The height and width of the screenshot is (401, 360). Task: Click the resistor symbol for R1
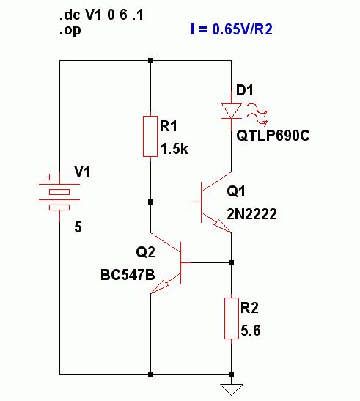click(x=150, y=136)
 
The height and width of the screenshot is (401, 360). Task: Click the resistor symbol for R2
click(x=232, y=318)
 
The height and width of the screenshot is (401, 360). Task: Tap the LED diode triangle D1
click(x=232, y=111)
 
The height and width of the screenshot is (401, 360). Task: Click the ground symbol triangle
click(x=232, y=389)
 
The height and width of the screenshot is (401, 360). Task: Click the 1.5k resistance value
click(x=174, y=149)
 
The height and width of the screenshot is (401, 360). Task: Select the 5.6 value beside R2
click(x=251, y=331)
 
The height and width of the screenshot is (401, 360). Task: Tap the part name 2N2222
click(x=251, y=214)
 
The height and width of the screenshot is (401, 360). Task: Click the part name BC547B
click(x=128, y=275)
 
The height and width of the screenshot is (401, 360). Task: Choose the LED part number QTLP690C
click(x=273, y=136)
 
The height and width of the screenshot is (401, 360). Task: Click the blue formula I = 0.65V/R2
click(x=232, y=29)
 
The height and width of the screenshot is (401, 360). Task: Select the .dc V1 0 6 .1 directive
click(x=101, y=15)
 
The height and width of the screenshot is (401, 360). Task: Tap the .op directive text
click(x=70, y=31)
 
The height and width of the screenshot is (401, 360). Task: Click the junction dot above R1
click(x=151, y=61)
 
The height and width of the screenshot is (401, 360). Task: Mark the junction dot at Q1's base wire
click(x=151, y=202)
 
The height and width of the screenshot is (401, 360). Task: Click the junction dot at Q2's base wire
click(x=231, y=262)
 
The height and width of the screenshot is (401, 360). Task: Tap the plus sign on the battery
click(x=49, y=177)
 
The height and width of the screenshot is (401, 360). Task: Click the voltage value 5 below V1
click(x=78, y=227)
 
